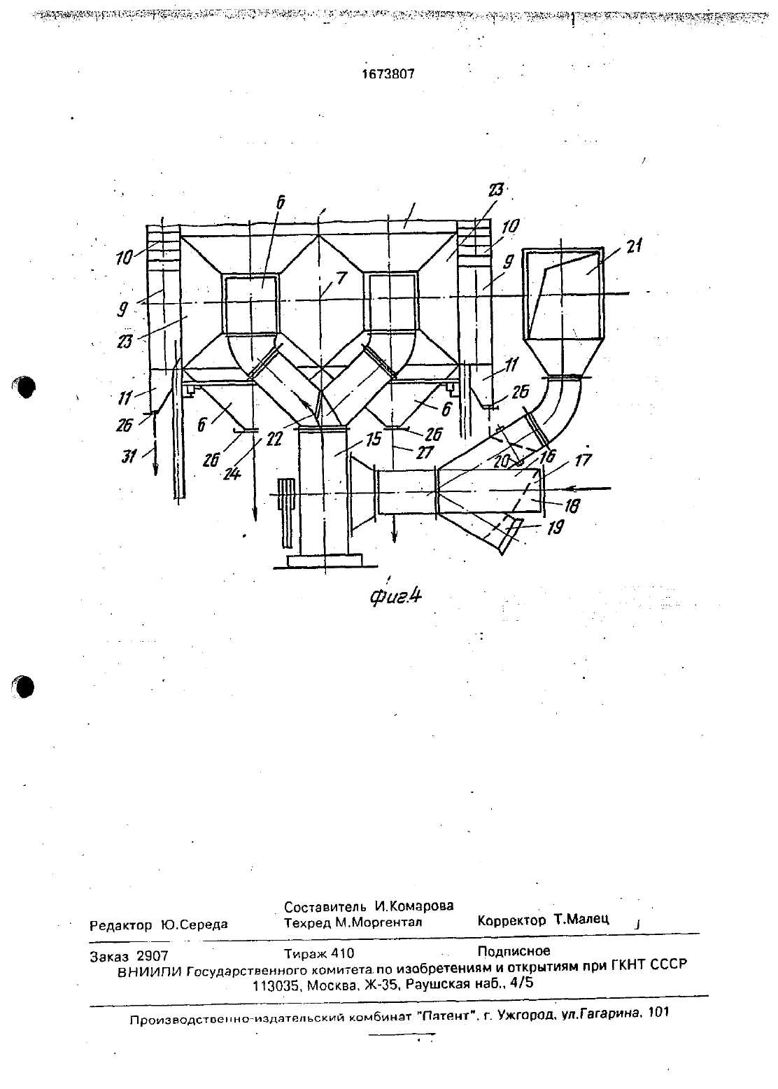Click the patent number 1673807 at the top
(x=388, y=74)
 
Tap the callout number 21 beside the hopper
(x=634, y=246)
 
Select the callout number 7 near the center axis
(x=341, y=279)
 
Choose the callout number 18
(x=572, y=507)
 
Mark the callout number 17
(x=583, y=460)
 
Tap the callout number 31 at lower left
(x=129, y=456)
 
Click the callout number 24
(x=232, y=473)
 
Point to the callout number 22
(x=274, y=440)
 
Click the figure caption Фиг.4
(x=395, y=596)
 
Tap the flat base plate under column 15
(x=325, y=561)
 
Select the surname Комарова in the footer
(x=414, y=906)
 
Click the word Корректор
(x=511, y=920)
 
